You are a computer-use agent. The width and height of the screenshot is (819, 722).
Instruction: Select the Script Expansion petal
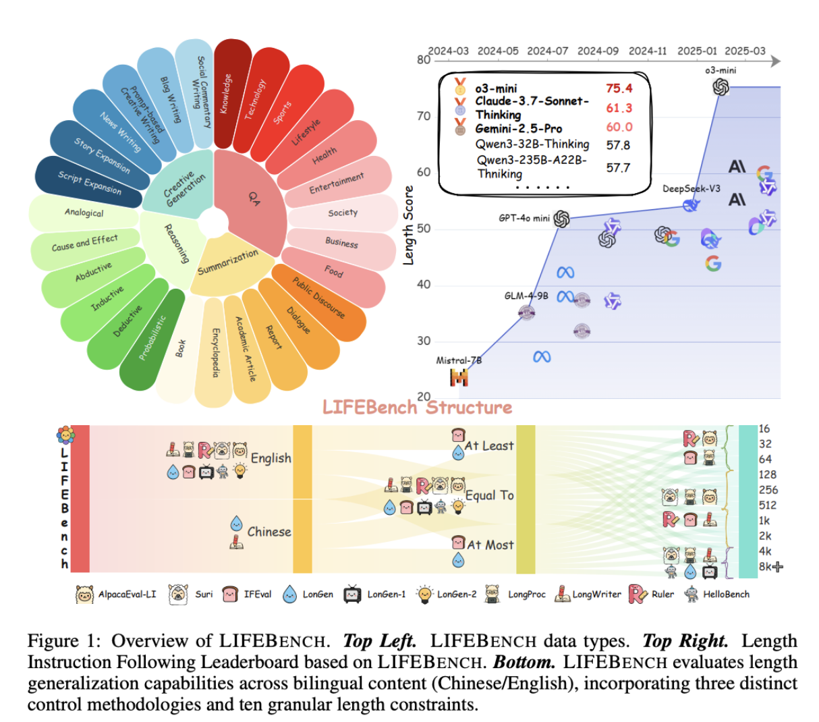89,182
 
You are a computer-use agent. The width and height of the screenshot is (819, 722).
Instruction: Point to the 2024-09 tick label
597,51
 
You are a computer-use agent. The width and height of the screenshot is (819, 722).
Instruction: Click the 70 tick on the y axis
423,116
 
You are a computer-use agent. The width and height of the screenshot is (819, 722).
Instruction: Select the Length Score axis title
408,225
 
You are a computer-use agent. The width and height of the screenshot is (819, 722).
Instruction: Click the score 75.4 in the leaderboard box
619,88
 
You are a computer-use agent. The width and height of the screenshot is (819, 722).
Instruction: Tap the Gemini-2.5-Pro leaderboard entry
518,128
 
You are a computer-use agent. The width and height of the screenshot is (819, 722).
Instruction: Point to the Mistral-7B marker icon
459,377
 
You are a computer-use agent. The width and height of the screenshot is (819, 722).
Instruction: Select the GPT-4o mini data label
524,218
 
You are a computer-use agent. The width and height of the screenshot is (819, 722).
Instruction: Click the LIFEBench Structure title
417,408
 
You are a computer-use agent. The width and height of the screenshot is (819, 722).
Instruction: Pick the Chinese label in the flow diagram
269,532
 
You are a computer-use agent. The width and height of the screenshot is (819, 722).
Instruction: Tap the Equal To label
490,495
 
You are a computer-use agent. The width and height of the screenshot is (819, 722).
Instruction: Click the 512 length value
768,505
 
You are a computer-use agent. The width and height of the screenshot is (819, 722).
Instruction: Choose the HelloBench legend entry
726,594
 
